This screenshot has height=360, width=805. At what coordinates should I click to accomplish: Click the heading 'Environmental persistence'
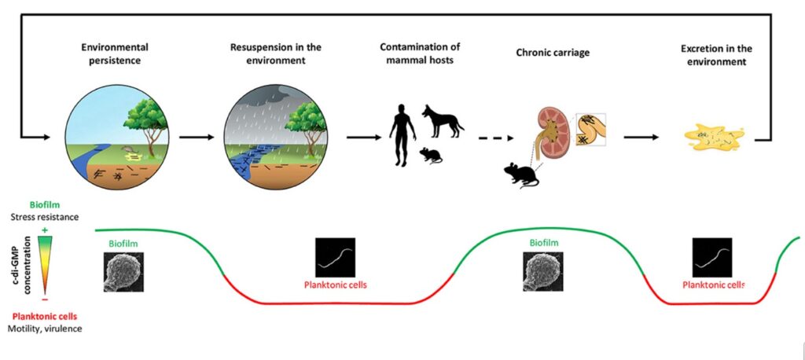(115, 53)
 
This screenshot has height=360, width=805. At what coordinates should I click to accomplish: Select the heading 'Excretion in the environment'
(716, 55)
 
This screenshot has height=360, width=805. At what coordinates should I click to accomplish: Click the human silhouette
(402, 135)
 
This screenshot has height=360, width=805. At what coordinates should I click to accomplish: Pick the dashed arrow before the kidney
(495, 138)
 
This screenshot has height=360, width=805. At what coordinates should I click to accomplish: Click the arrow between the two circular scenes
(196, 137)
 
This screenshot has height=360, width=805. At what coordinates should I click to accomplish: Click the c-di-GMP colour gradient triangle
(45, 264)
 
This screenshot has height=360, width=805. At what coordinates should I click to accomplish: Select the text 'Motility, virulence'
(45, 328)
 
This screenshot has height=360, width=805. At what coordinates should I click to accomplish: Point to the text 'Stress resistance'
(45, 217)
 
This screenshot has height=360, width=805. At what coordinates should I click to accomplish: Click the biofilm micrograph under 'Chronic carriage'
(543, 272)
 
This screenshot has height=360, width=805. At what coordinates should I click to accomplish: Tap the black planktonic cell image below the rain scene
(335, 257)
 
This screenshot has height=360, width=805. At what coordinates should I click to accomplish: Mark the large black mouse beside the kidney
(521, 175)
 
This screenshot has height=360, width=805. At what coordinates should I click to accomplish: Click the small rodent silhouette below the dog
(431, 155)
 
